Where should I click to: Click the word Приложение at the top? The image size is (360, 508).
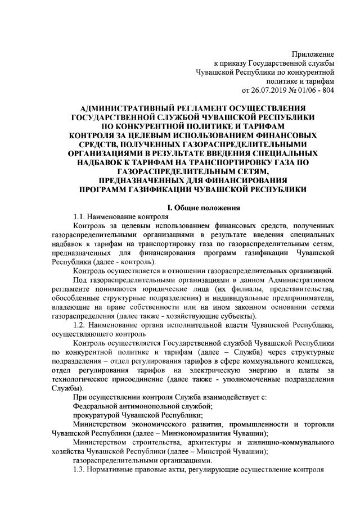(x=312, y=54)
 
